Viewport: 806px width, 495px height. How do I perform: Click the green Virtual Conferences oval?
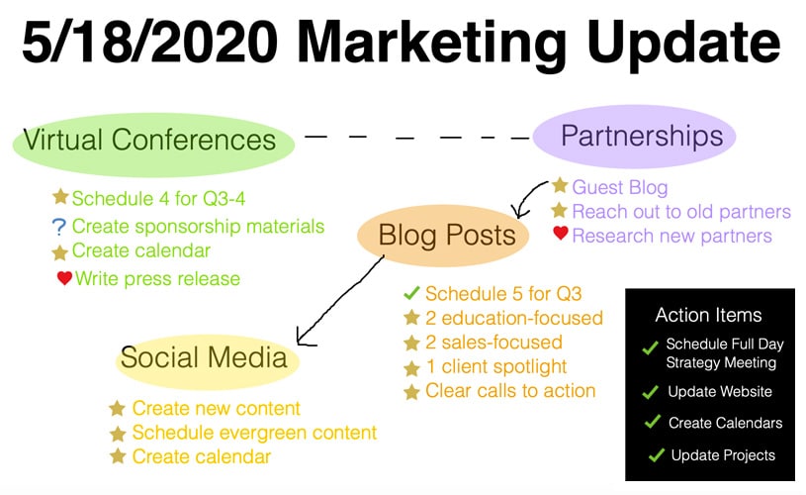[x=153, y=145]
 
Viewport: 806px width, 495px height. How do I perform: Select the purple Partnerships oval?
[x=634, y=137]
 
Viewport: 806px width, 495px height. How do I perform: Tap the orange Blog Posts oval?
[x=443, y=236]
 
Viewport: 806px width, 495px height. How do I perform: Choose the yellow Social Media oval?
[x=207, y=361]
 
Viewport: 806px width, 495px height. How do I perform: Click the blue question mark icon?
[x=59, y=227]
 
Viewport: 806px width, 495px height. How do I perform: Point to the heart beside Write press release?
[x=64, y=278]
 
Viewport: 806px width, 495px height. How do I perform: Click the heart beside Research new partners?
[x=561, y=233]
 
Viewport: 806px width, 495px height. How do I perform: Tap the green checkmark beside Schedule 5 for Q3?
[x=411, y=293]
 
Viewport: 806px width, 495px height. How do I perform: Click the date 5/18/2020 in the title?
[x=150, y=42]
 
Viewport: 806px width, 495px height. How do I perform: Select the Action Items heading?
[x=708, y=315]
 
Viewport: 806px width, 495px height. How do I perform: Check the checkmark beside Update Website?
[x=651, y=392]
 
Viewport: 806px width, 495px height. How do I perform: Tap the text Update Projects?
[x=723, y=455]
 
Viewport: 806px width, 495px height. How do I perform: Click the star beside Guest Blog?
[x=560, y=185]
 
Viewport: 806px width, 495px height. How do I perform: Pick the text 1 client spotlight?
[x=496, y=367]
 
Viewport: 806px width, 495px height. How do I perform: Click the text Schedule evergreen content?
[x=254, y=433]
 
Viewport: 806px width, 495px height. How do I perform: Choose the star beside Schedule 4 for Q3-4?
[x=60, y=197]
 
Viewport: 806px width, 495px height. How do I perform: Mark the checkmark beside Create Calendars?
[x=653, y=422]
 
